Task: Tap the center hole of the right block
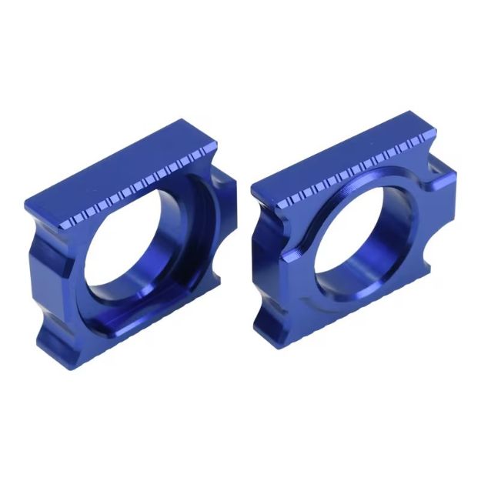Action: pyautogui.click(x=350, y=239)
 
